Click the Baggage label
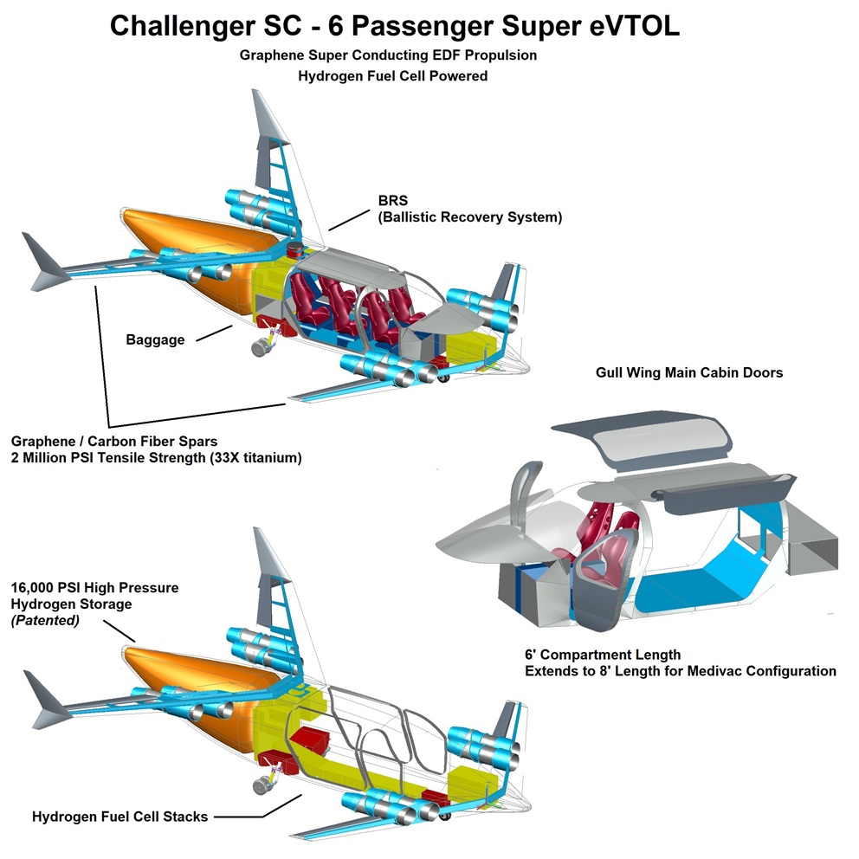point(155,339)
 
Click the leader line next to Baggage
point(214,333)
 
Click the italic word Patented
point(46,620)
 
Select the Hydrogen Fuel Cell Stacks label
point(119,816)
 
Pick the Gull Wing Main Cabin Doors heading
point(689,372)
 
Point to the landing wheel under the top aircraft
point(259,347)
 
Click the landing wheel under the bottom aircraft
point(259,786)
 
